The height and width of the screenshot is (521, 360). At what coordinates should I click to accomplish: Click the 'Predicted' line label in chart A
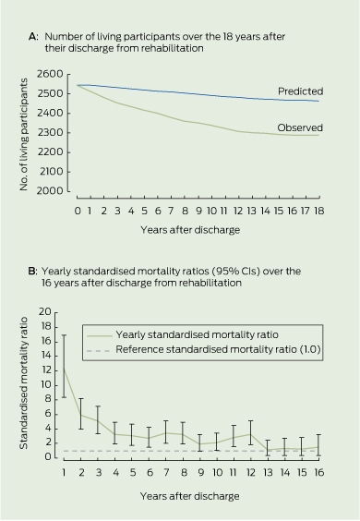point(300,91)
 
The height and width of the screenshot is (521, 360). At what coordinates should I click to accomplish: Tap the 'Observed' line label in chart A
point(300,127)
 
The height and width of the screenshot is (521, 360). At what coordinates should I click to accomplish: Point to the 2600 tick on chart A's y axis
point(50,74)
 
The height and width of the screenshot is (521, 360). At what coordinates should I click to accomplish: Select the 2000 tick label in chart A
point(50,191)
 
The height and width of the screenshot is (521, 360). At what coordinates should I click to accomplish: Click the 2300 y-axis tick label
point(50,133)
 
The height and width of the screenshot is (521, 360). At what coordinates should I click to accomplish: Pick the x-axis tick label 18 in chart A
point(318,211)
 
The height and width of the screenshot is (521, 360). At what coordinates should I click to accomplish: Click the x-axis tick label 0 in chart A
point(78,211)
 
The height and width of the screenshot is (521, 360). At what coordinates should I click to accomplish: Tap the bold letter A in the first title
point(33,37)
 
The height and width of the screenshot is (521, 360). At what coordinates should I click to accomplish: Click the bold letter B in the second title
point(32,272)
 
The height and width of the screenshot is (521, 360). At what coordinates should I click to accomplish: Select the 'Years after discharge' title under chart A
point(190,230)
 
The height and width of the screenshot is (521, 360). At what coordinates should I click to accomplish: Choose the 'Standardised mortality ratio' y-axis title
point(23,383)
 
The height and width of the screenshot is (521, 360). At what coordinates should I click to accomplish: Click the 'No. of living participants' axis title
point(23,135)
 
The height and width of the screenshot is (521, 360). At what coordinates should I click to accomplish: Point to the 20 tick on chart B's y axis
point(45,312)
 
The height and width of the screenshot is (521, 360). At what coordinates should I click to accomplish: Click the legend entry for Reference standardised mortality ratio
point(204,350)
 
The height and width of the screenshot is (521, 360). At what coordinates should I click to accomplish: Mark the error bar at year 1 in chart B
point(64,366)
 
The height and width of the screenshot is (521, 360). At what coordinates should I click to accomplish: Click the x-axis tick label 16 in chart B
point(318,472)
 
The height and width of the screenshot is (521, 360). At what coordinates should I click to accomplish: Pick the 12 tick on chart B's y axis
point(46,370)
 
